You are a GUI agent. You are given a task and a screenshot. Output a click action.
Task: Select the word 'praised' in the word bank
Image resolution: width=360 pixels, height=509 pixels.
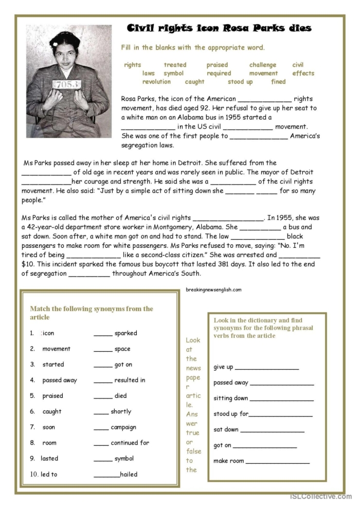[x=217, y=65]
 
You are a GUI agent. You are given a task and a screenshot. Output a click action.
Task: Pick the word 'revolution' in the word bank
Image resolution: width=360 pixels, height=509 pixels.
[x=156, y=82]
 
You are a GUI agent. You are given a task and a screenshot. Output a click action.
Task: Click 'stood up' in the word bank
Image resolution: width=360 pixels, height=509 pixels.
[x=240, y=82]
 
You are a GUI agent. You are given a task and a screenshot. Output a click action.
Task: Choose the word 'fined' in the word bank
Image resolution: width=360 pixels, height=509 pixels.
[x=278, y=82]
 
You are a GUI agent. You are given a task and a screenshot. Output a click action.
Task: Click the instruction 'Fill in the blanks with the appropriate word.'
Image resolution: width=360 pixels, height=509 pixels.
[x=193, y=48]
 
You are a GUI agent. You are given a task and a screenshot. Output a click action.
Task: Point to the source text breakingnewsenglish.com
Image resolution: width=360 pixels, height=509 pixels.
[x=213, y=289]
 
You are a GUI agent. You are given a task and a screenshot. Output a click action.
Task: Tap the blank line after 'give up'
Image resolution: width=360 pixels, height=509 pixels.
[x=266, y=367]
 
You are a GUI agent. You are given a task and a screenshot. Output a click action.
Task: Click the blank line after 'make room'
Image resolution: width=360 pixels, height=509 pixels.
[x=277, y=461]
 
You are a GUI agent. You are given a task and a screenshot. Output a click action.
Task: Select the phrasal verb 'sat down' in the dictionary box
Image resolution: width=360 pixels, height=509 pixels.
[x=226, y=430]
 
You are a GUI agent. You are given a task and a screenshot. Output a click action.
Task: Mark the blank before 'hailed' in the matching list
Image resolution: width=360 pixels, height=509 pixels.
[x=106, y=475]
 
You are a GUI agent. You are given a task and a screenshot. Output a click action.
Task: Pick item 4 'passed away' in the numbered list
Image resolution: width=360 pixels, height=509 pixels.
[x=59, y=380]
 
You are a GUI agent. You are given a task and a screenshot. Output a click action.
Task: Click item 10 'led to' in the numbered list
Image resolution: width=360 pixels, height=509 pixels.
[x=49, y=475]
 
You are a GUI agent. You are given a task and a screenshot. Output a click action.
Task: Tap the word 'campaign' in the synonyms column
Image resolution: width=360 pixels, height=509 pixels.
[x=123, y=427]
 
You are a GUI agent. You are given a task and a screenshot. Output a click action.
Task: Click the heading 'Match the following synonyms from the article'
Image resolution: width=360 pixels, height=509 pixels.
[x=91, y=313]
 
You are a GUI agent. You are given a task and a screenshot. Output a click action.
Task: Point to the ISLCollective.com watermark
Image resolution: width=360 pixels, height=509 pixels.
[x=320, y=497]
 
